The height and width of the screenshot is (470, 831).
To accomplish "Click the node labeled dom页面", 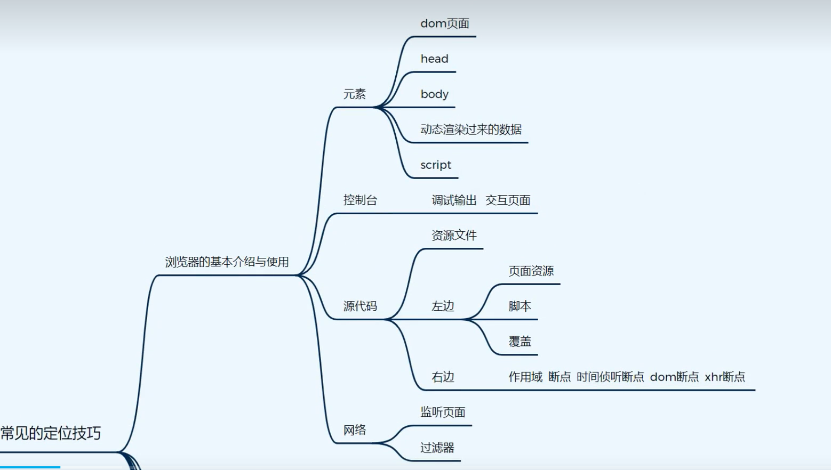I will (x=445, y=23).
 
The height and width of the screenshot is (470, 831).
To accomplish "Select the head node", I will (x=434, y=59).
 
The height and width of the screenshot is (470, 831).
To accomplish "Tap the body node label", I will (x=434, y=94).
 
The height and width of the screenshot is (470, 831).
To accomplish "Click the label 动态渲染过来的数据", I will (x=471, y=129).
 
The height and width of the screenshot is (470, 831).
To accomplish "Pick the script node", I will (x=436, y=165).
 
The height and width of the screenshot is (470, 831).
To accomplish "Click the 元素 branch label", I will (x=355, y=94).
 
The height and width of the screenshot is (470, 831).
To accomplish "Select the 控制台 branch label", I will (x=360, y=200).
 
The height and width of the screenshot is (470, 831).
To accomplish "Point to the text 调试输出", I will (x=454, y=200).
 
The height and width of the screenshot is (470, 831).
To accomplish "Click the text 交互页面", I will (x=508, y=200).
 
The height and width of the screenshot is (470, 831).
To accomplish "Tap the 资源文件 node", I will (x=454, y=236).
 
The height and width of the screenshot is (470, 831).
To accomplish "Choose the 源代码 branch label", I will (x=360, y=306).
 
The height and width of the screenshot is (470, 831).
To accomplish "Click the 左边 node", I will (x=443, y=306).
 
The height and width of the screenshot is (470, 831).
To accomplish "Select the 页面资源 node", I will (x=531, y=271).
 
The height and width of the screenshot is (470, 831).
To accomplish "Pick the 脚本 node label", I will (x=520, y=306).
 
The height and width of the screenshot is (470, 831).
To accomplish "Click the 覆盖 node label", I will (x=520, y=342).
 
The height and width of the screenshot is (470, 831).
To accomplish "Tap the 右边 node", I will (x=443, y=377).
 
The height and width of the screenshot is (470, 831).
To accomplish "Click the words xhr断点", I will (x=725, y=377).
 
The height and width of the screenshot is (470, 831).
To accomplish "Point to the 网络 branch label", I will (x=355, y=430).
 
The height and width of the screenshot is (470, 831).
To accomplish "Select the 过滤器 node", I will (x=437, y=448).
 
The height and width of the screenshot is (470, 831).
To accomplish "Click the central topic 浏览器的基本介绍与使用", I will (x=227, y=262).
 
